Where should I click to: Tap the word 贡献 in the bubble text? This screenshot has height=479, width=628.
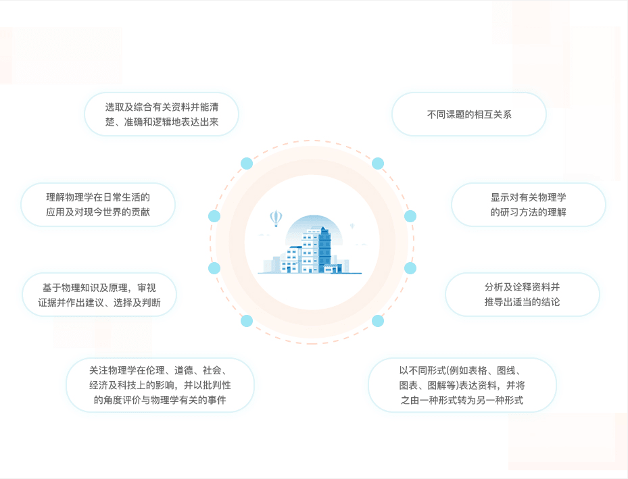[x=141, y=212]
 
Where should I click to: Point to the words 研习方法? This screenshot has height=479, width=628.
[x=519, y=212]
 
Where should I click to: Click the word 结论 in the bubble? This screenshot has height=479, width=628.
[x=550, y=302]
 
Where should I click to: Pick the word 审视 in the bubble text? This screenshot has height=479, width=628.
[x=147, y=288]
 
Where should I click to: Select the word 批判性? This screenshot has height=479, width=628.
[x=217, y=385]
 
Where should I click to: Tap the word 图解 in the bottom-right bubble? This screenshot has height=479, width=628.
[x=437, y=385]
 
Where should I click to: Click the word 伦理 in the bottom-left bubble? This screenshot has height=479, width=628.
[x=155, y=370]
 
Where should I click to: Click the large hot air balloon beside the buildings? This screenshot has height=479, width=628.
[x=276, y=218]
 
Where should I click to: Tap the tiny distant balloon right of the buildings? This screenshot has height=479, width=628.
[x=352, y=226]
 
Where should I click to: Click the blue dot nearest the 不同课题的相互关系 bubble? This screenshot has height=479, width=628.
[x=378, y=163]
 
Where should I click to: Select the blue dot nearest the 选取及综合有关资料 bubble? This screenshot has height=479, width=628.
[x=247, y=163]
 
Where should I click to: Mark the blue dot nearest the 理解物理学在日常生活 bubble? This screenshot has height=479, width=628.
[x=214, y=216]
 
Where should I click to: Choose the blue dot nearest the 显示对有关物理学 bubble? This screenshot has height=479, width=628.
[x=410, y=216]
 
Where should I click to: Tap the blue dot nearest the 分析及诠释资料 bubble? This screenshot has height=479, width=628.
[x=410, y=268]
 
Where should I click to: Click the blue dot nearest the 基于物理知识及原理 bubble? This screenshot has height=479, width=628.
[x=214, y=268]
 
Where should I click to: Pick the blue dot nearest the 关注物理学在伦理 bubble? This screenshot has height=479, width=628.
[x=247, y=320]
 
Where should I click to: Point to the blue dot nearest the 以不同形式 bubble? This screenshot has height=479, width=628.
[x=378, y=320]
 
